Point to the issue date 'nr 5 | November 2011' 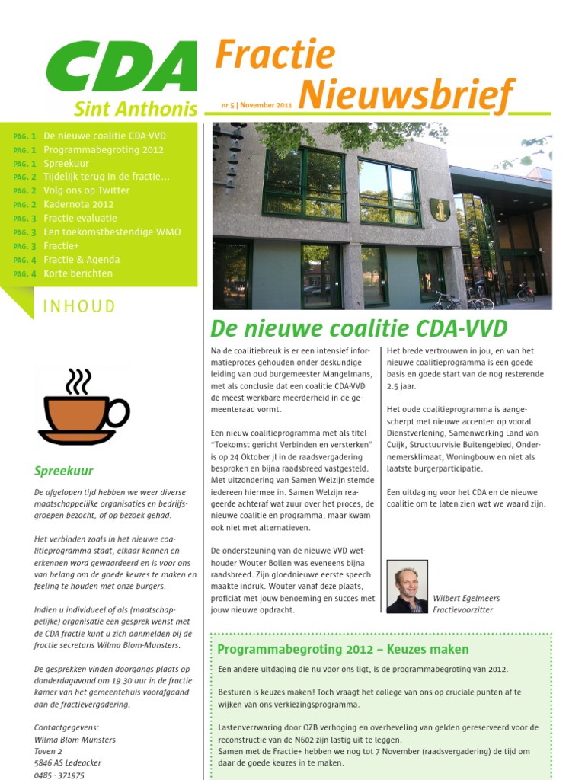(257, 105)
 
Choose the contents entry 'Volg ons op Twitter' (87, 190)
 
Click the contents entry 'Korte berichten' (78, 273)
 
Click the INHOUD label (79, 307)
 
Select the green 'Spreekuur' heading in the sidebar (64, 471)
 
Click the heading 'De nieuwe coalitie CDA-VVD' (359, 328)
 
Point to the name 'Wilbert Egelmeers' (466, 598)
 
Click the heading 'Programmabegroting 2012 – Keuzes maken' (343, 649)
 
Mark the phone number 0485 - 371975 (59, 775)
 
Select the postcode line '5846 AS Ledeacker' (68, 762)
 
